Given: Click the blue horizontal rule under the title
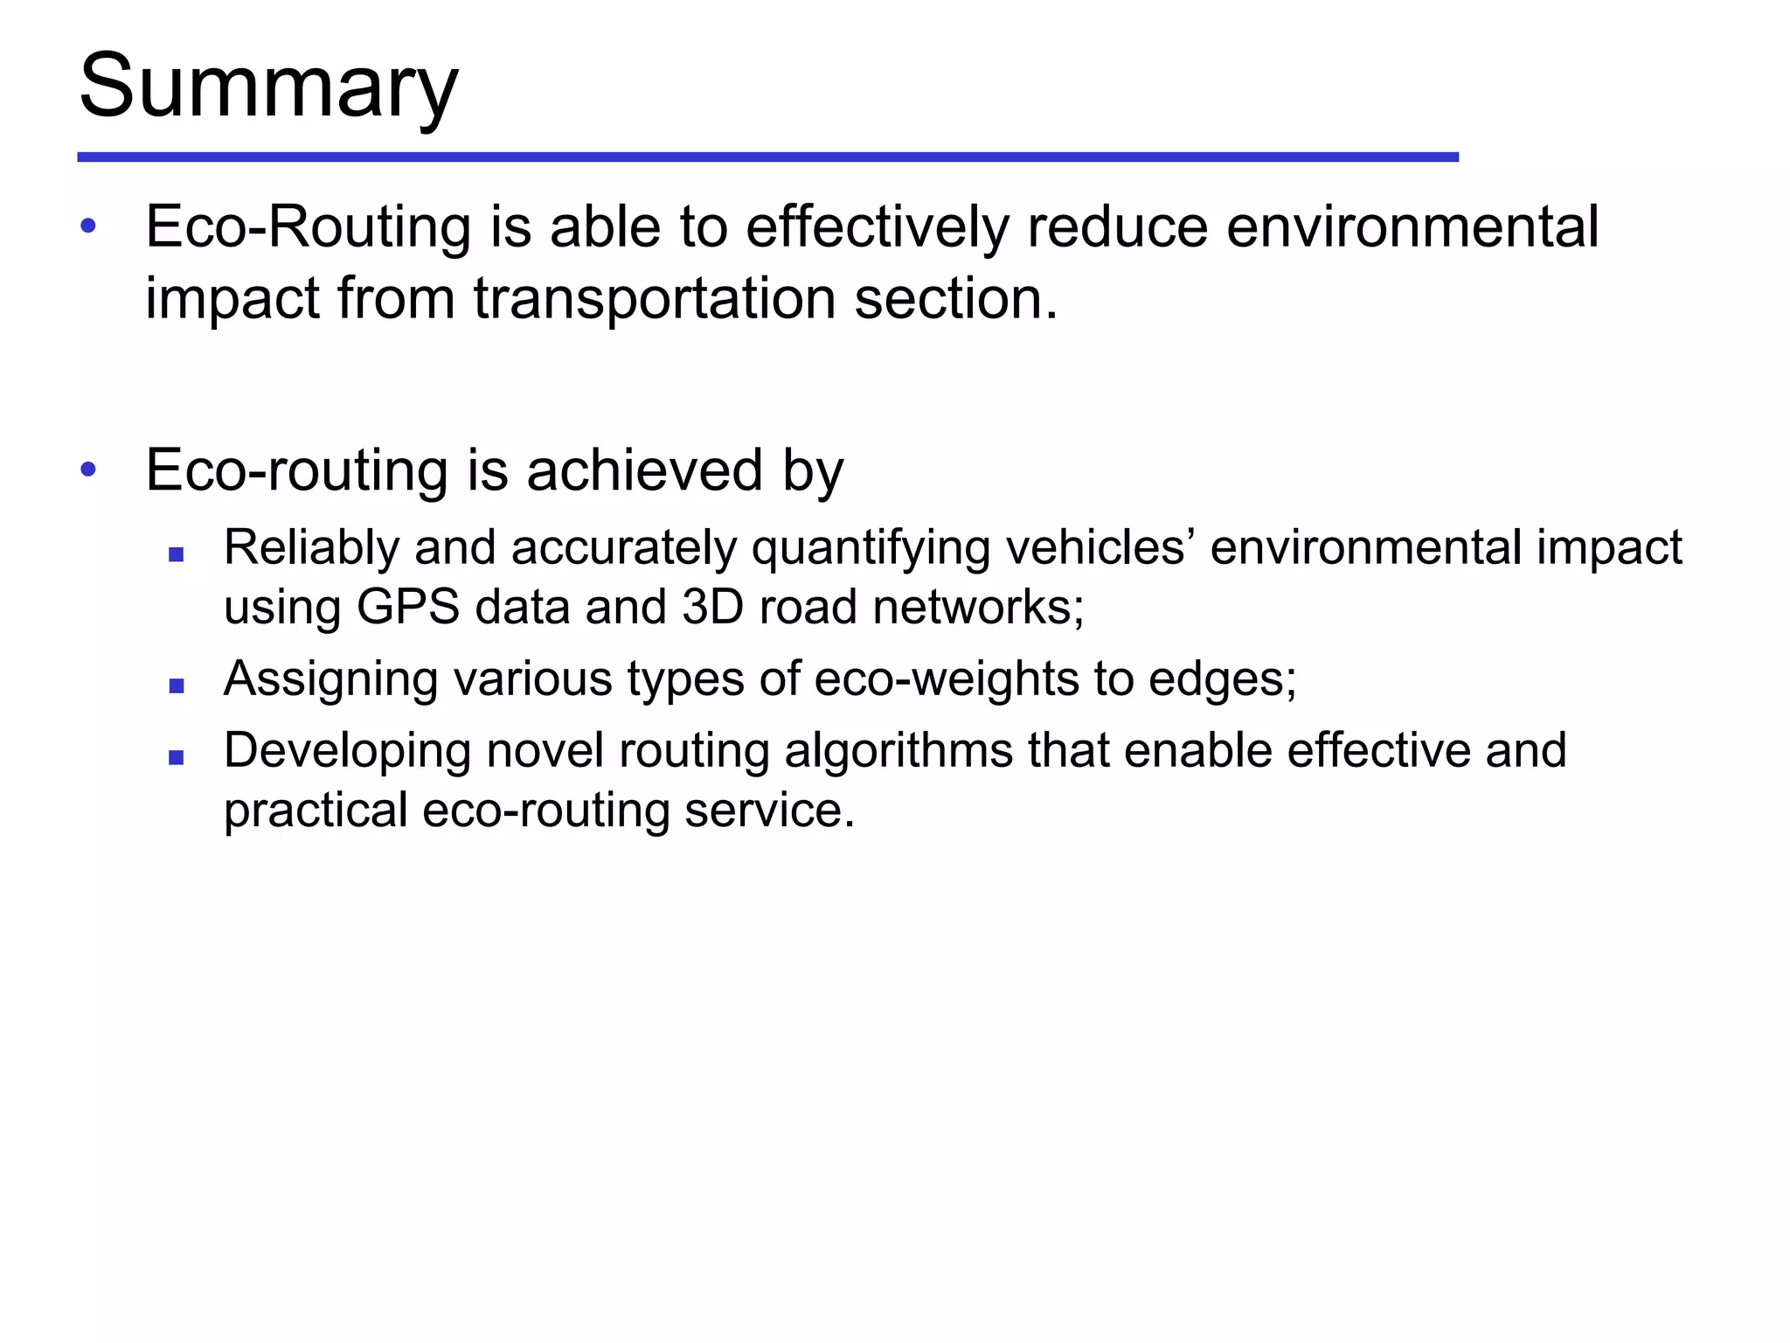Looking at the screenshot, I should (x=767, y=157).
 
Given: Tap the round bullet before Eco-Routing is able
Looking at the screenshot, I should (x=88, y=226).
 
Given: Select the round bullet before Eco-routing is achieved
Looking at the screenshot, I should (x=88, y=470).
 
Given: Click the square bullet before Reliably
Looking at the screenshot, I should (x=177, y=554).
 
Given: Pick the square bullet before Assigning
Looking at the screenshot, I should (x=177, y=685).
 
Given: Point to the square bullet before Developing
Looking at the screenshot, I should (x=177, y=757).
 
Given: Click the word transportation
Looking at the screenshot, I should (x=655, y=299).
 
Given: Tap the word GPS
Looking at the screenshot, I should (x=407, y=607).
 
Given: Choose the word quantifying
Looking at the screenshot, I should (x=871, y=549).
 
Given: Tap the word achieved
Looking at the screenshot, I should (x=644, y=470).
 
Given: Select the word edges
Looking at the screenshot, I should (x=1221, y=679).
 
